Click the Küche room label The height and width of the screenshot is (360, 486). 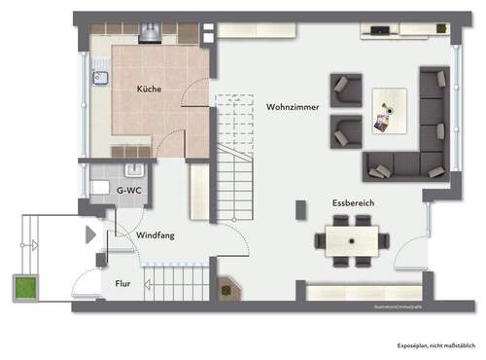pyautogui.click(x=149, y=89)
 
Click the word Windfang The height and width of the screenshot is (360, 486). pyautogui.click(x=155, y=235)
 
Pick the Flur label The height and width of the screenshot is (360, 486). pyautogui.click(x=123, y=285)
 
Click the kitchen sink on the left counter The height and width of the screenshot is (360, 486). pyautogui.click(x=98, y=79)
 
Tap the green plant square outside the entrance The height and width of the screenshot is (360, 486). pyautogui.click(x=23, y=287)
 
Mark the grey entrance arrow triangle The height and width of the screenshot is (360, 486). pyautogui.click(x=90, y=234)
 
